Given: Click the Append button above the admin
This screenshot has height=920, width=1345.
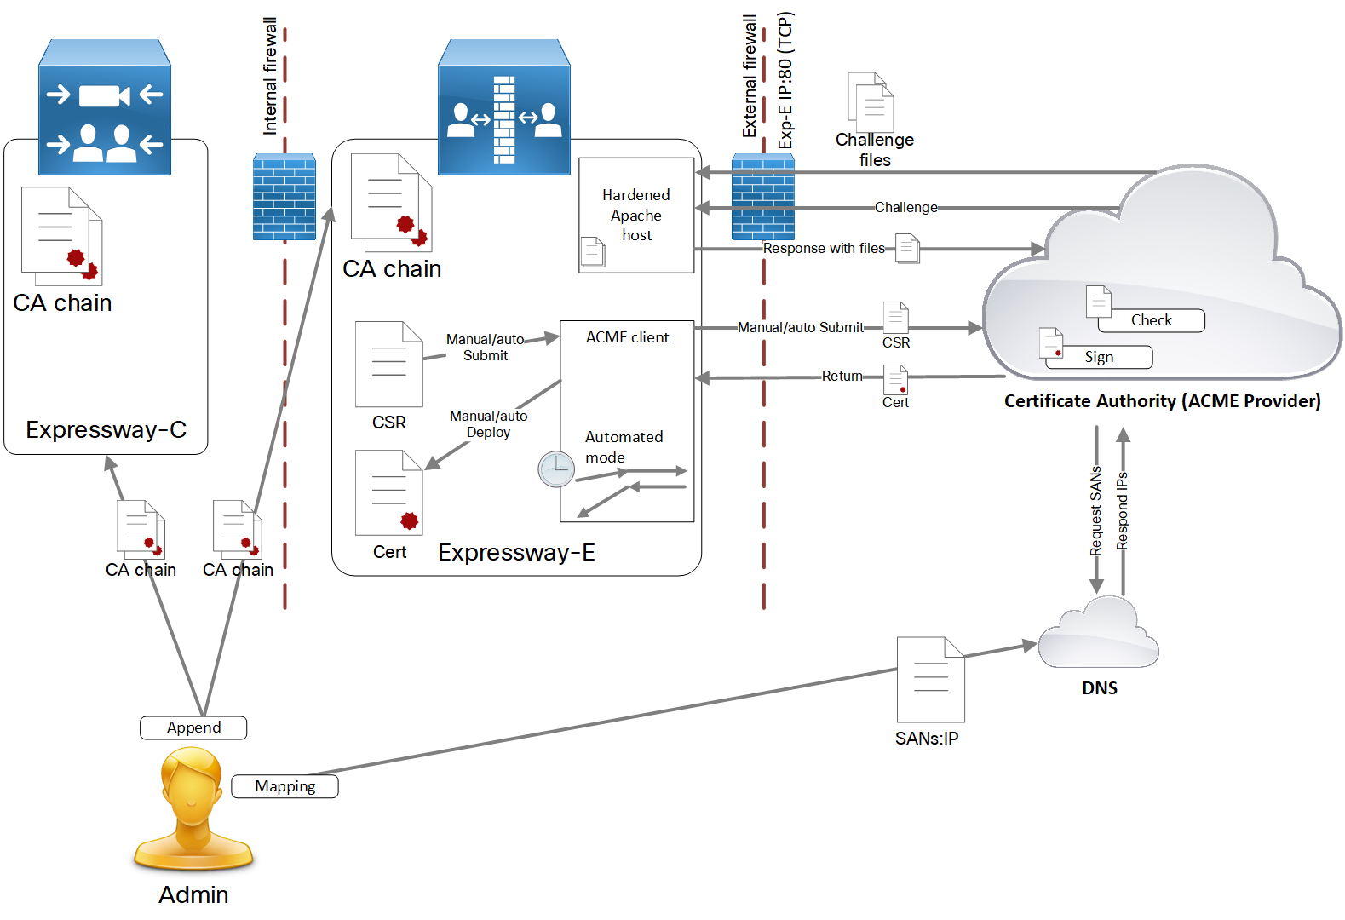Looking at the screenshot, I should coord(193,727).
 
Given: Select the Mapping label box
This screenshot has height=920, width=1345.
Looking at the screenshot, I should coord(285,786).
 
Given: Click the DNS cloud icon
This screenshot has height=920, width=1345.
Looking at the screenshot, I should coord(1099,635).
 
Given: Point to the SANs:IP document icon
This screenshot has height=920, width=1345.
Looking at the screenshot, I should coord(930,680).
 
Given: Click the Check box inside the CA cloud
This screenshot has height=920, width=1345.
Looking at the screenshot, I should coord(1151,320).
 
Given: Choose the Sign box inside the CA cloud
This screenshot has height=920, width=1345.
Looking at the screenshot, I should coord(1099,357).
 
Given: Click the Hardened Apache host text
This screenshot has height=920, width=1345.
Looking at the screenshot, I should coord(636,215).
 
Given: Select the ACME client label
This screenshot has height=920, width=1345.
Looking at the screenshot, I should coord(627,337).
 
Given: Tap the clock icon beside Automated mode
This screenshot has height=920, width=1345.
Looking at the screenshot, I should coord(556,469).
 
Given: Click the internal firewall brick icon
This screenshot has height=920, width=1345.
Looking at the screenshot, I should coord(285,197).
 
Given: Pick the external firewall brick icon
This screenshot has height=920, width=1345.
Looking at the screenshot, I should coord(763,197).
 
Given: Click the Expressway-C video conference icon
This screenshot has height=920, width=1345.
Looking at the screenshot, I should coord(105,108).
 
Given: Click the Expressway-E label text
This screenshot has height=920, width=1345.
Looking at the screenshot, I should coord(516,553).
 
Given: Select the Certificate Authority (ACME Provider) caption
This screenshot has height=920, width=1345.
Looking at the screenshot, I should coord(1162,401).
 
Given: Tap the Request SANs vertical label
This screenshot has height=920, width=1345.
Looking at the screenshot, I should coord(1096,510).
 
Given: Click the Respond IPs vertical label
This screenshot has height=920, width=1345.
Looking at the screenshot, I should coord(1123,510).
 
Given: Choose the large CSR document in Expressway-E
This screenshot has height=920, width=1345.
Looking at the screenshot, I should coord(388,365).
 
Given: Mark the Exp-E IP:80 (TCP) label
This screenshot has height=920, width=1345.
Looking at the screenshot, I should coord(785,80).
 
